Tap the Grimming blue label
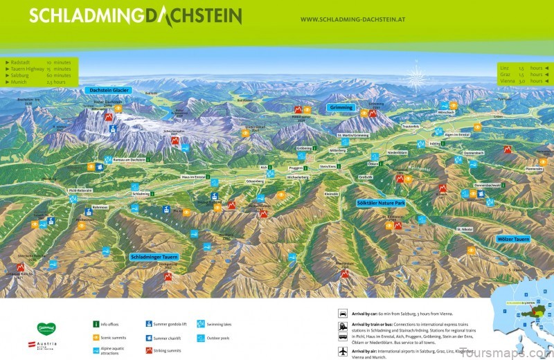[341, 108]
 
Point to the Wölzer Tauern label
[514, 239]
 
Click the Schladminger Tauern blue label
[154, 257]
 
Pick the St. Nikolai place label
[465, 228]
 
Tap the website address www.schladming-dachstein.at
[352, 19]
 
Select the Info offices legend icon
[96, 323]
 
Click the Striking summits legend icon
[149, 351]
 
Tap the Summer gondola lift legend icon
[149, 323]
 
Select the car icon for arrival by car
[343, 313]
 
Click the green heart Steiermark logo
[46, 327]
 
